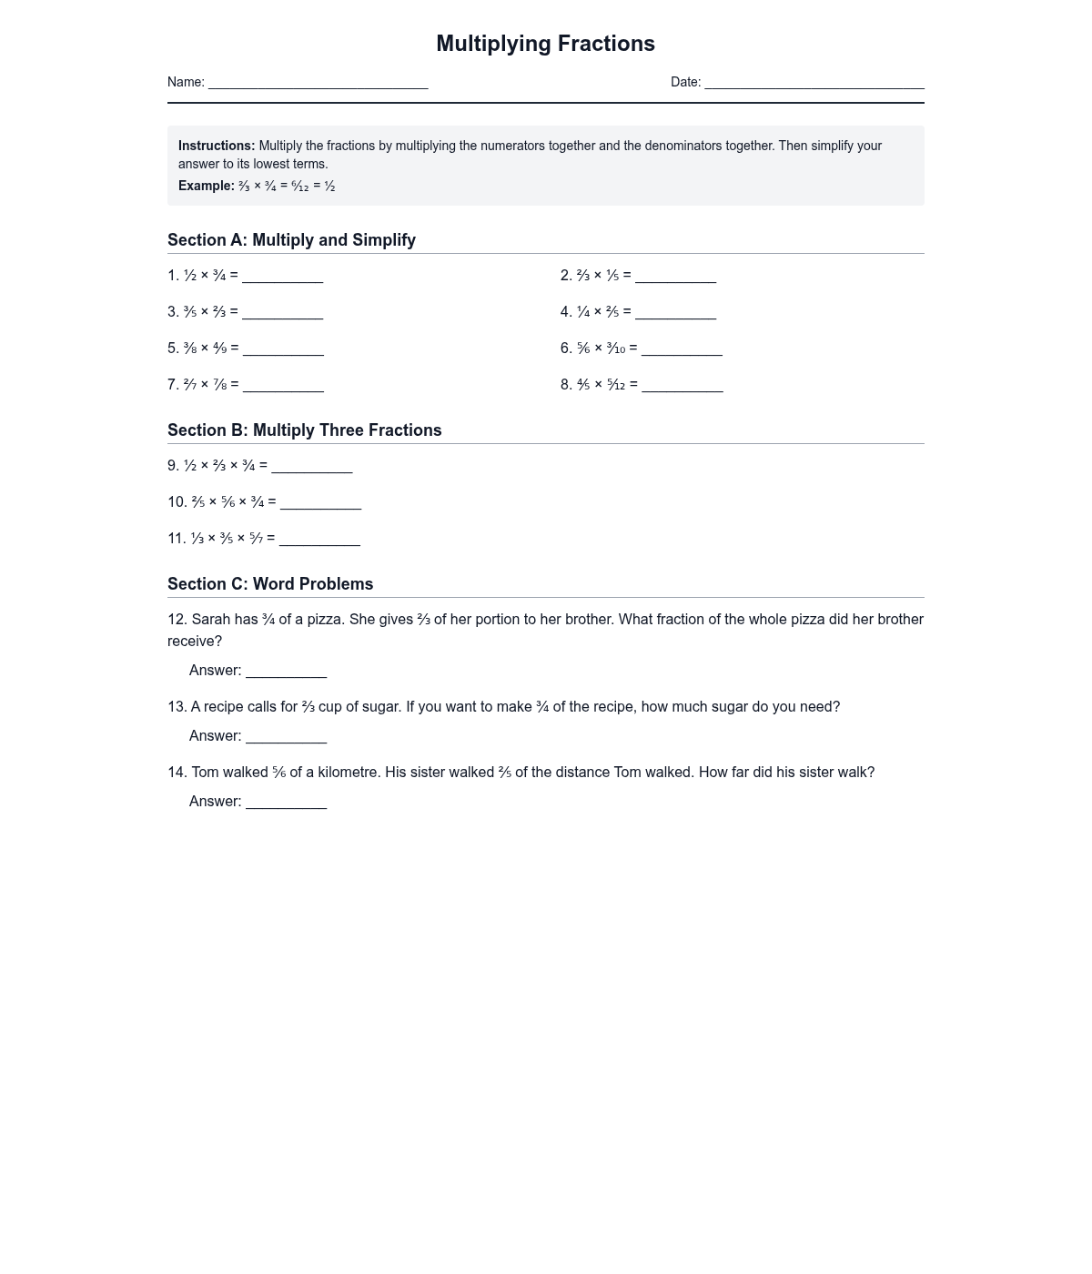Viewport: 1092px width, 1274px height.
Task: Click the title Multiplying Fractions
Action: click(545, 44)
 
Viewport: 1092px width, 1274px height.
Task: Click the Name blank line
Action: click(318, 83)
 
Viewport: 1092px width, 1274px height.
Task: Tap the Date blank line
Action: click(814, 83)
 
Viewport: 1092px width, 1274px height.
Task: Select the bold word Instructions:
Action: click(217, 146)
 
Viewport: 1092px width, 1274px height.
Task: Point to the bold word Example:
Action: click(207, 186)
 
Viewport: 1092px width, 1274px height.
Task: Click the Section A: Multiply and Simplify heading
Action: click(291, 240)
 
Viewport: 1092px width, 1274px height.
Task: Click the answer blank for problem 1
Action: click(282, 276)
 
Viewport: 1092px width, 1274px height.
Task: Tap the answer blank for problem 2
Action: click(675, 276)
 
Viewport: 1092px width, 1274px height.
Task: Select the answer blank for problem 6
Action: click(682, 349)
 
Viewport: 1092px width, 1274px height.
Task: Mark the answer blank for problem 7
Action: click(283, 385)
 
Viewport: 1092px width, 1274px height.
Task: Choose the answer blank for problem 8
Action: click(682, 385)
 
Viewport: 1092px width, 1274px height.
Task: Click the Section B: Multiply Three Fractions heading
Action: click(304, 430)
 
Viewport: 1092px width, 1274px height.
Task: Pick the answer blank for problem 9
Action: click(311, 466)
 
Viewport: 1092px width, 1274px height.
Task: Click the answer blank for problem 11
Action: click(319, 539)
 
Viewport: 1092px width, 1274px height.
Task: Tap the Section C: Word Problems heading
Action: click(270, 584)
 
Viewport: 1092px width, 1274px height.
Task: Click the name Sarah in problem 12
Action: click(211, 620)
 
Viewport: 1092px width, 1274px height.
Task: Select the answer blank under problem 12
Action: click(286, 671)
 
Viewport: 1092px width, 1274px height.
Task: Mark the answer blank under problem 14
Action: click(286, 802)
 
